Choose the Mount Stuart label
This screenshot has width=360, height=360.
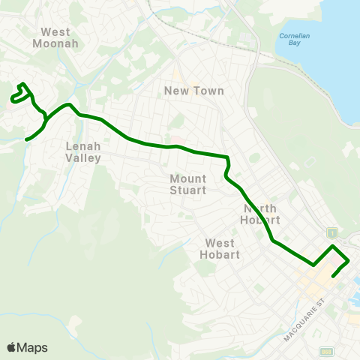188,184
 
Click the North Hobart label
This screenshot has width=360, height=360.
259,214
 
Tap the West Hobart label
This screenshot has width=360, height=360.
220,248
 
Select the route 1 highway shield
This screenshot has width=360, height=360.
332,232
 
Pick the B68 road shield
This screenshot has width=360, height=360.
326,351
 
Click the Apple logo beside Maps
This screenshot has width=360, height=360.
11,347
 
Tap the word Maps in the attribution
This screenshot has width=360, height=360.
32,347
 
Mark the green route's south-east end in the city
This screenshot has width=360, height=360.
332,274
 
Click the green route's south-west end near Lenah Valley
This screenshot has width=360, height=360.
27,139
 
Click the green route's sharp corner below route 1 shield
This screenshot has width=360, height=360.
333,246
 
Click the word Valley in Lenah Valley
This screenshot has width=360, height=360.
83,157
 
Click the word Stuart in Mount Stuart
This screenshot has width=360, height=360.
188,190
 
